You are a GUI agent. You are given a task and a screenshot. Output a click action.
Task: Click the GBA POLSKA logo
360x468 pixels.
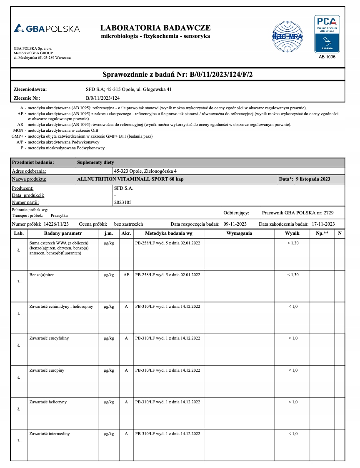coord(47,29)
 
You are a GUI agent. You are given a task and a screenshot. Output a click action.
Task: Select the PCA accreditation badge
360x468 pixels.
coord(327,34)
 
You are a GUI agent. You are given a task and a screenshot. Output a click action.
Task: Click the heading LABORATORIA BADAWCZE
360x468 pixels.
coord(155,28)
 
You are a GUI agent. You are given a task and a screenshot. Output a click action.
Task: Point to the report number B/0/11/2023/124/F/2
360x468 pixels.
coord(221,75)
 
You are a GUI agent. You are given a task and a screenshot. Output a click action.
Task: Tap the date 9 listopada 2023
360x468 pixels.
coord(312,179)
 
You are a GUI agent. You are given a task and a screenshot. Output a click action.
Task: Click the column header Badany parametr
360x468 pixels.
coord(63,233)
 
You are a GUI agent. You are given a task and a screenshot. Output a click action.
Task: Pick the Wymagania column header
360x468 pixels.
coord(239,233)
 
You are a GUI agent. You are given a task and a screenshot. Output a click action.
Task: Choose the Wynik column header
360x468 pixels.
coord(292,233)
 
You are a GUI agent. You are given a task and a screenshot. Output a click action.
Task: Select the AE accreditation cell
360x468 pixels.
coord(126,274)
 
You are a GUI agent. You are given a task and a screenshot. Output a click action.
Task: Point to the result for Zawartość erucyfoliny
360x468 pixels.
coord(293,338)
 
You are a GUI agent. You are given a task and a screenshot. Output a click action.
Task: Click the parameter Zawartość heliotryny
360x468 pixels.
coord(48,402)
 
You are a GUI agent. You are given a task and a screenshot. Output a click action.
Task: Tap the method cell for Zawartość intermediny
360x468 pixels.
coord(167,434)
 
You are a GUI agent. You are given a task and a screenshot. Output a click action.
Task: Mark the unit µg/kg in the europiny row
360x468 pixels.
coord(109,370)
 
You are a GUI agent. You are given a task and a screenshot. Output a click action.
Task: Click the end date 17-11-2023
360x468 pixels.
coord(323,224)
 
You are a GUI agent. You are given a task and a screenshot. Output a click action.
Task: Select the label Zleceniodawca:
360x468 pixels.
coord(30,89)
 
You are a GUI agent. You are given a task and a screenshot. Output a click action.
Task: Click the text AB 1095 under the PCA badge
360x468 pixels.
coord(327,57)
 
